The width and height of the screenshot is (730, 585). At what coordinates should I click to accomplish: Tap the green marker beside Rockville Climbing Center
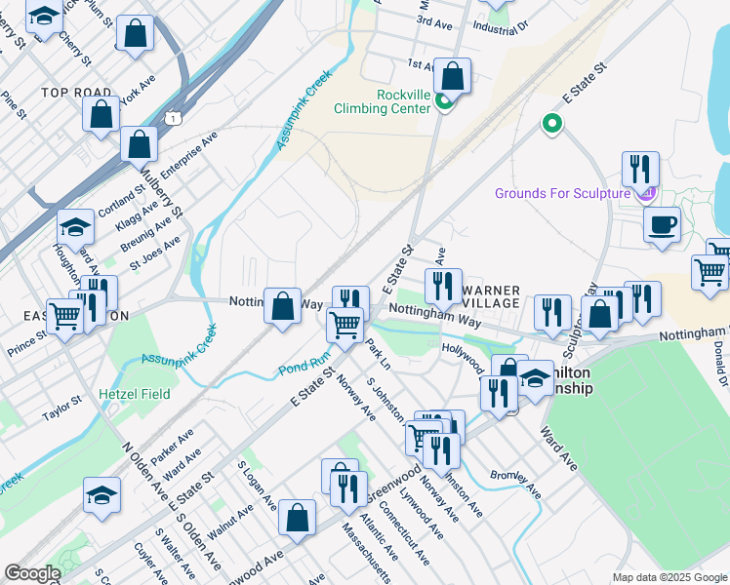(443, 101)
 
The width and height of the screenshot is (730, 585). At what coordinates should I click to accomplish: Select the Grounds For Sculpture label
(562, 193)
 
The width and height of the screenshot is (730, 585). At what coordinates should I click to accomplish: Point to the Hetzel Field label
(135, 394)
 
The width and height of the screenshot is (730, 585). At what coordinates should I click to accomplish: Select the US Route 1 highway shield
(173, 117)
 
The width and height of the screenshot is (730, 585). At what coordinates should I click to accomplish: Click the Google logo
(31, 573)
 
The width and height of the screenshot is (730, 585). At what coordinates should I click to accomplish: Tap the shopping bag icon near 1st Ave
(453, 76)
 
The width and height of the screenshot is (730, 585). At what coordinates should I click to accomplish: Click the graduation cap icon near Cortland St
(75, 228)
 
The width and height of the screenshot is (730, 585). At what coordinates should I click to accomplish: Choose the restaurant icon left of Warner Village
(443, 286)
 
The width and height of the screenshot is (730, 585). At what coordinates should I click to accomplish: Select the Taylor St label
(61, 409)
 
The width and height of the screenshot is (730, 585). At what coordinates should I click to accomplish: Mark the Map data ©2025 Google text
(669, 577)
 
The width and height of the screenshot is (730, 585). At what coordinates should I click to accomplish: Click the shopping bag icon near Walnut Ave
(297, 519)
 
